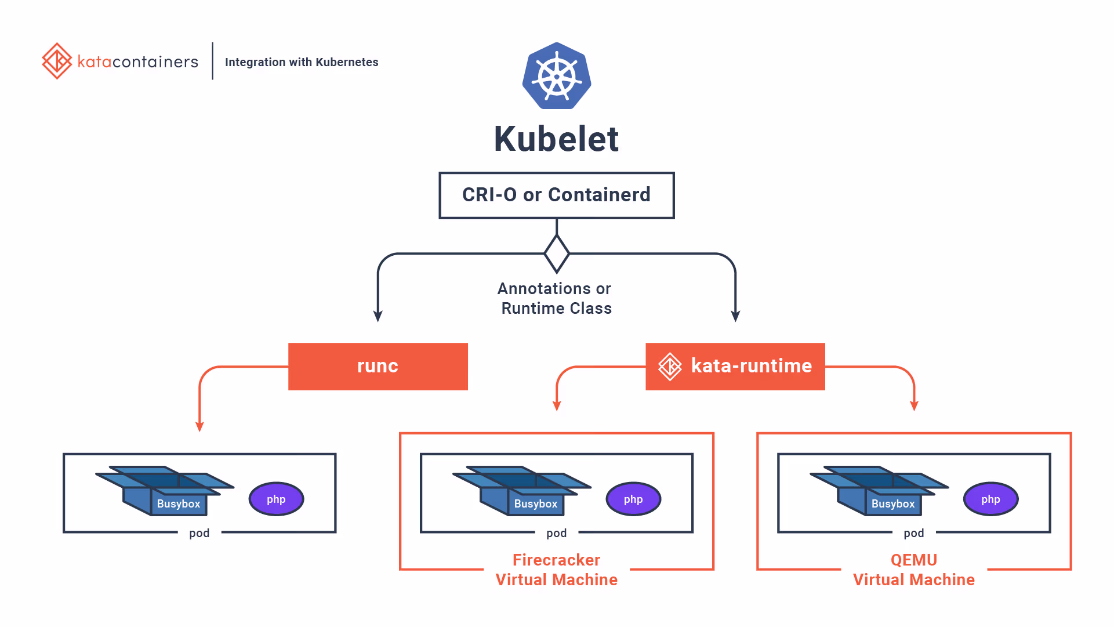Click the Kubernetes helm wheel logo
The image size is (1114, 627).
coord(557,76)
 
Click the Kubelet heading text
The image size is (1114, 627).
coord(556,139)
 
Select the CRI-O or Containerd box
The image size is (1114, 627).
coord(556,195)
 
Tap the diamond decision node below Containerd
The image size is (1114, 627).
coord(557,253)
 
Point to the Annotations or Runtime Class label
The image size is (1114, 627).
coord(556,298)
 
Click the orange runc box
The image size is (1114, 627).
coord(378,366)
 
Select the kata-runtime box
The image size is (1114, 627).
coord(735,366)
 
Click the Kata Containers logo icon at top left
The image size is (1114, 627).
coord(57,61)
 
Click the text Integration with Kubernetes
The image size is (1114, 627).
coord(302,62)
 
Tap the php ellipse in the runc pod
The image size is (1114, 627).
coord(276,499)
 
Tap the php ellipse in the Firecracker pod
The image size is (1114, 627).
coord(633,499)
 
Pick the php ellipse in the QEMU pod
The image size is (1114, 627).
coord(990,499)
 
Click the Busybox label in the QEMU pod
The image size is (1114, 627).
coord(892,504)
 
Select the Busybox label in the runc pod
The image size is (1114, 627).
coord(178,504)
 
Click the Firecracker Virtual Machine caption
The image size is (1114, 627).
coord(556,570)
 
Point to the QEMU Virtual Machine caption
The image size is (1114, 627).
coord(913,570)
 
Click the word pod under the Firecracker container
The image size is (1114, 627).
coord(556,533)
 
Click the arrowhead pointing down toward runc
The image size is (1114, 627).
coord(378,316)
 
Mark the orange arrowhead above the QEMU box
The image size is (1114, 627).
coord(914,405)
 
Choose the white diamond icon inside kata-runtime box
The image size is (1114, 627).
coord(670,367)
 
